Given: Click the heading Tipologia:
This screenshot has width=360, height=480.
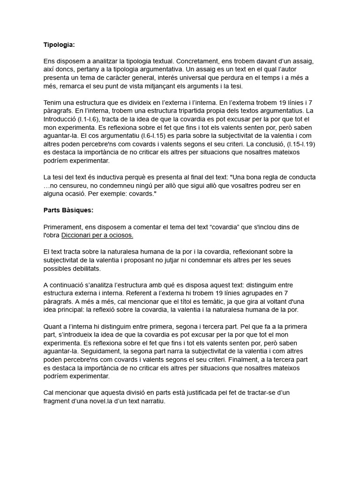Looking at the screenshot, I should (x=59, y=45).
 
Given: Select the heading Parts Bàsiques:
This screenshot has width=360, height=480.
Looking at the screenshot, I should (x=68, y=210).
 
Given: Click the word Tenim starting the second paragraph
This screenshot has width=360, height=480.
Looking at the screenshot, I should (x=52, y=103).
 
